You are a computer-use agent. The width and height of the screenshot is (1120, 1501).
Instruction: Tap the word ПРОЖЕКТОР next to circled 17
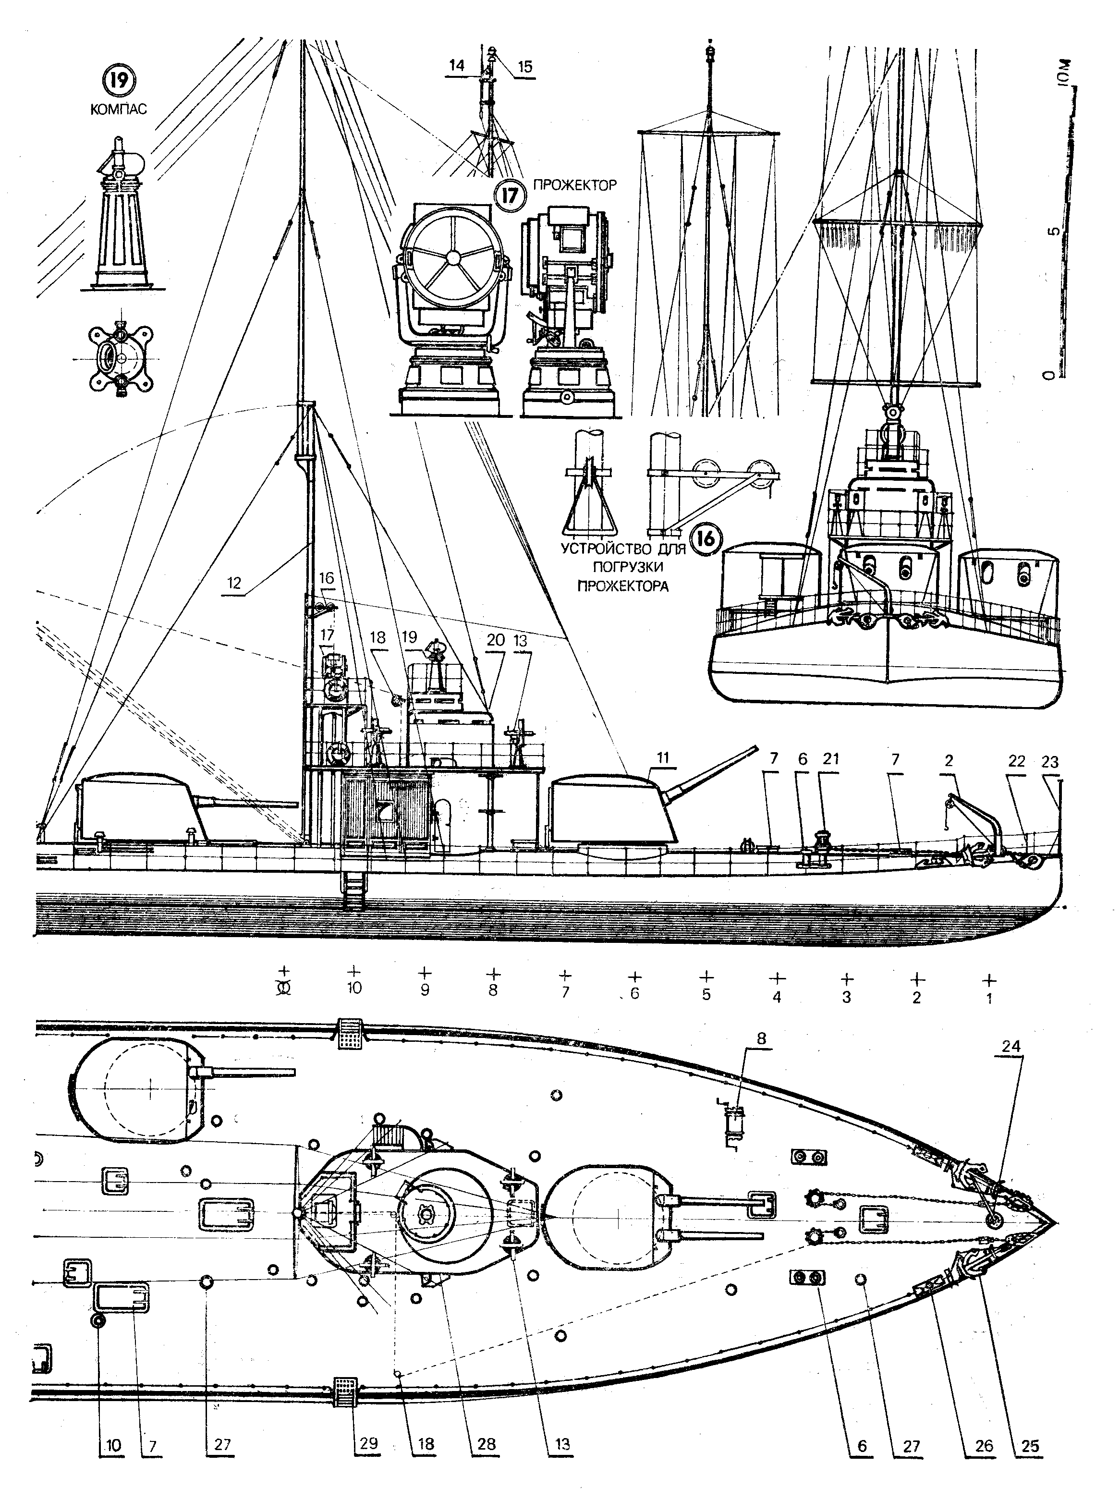(x=575, y=184)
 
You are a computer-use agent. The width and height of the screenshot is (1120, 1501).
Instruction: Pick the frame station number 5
(x=706, y=995)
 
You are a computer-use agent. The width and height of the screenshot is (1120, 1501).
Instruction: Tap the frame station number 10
(x=354, y=988)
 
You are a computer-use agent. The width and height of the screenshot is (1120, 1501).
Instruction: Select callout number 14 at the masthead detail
(x=457, y=66)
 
